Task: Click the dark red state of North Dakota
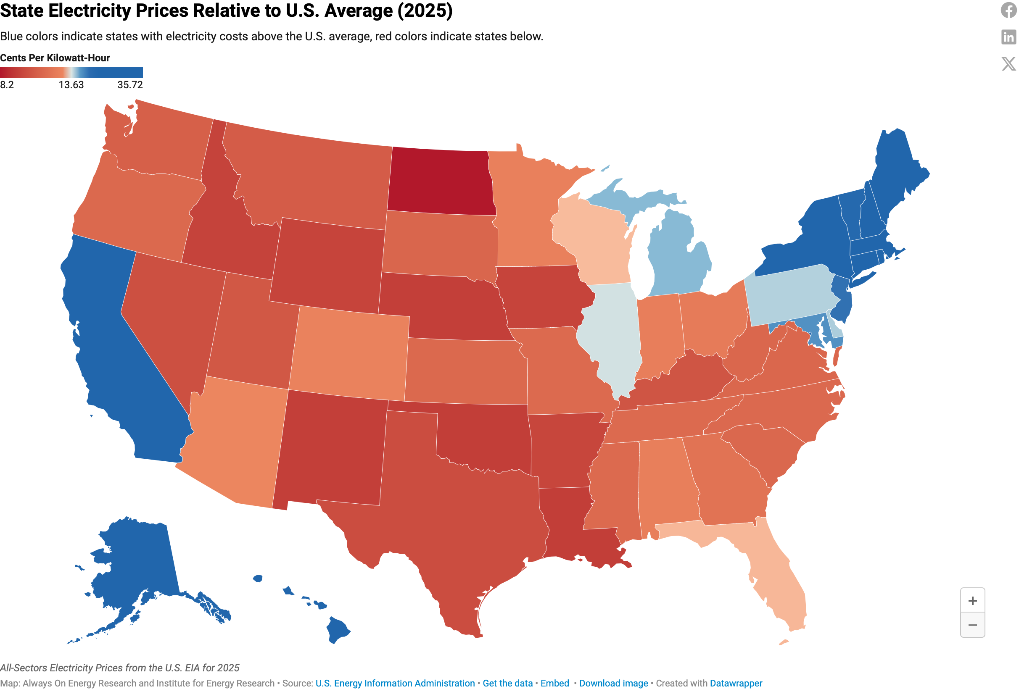click(441, 182)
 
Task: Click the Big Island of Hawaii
click(338, 630)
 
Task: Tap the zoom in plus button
click(972, 600)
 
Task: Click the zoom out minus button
click(972, 625)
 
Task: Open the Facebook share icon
click(1009, 10)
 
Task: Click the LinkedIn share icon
click(1009, 37)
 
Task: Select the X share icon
click(1009, 63)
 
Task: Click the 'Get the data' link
click(508, 683)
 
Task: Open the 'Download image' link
click(613, 683)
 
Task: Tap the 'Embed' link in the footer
click(554, 683)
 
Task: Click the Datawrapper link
click(736, 683)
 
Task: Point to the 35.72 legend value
click(130, 85)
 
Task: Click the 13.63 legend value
click(71, 85)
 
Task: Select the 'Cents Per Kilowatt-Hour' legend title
click(55, 58)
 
